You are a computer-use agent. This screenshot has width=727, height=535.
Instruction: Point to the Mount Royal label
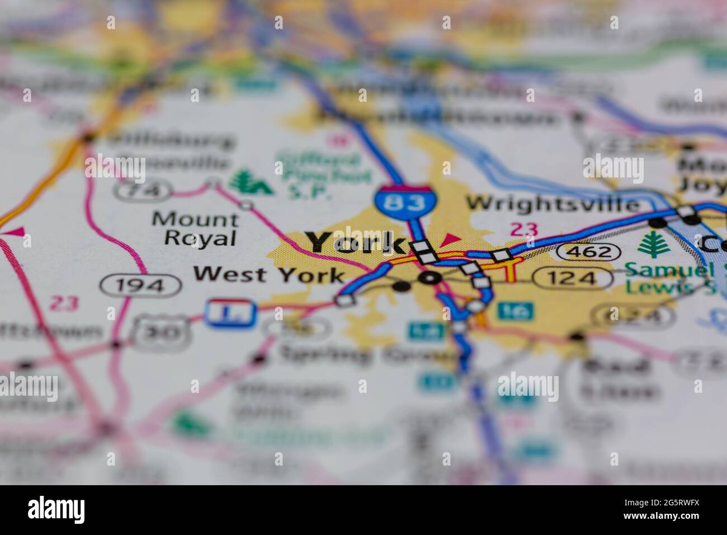[194, 228]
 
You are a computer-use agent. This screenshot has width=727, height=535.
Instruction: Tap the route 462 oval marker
[591, 252]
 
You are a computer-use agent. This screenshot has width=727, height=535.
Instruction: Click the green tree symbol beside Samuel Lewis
[650, 244]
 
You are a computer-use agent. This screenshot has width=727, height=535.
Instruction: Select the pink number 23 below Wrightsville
[524, 229]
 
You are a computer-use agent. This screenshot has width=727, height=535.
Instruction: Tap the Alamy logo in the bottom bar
[56, 510]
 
